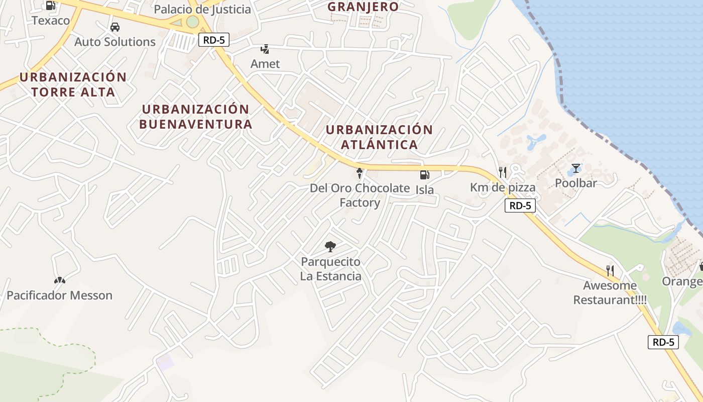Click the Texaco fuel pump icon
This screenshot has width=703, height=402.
click(50, 6)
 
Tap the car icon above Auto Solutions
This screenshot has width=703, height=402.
click(115, 27)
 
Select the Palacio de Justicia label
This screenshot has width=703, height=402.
click(202, 9)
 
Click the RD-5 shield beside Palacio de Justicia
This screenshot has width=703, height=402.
click(214, 40)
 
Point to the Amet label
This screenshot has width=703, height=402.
click(265, 64)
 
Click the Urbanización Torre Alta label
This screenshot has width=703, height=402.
click(73, 84)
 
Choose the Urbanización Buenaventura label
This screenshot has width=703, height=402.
click(195, 117)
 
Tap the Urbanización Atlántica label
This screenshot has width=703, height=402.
click(379, 137)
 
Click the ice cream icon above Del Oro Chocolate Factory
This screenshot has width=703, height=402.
click(360, 174)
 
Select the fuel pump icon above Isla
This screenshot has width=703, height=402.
click(424, 175)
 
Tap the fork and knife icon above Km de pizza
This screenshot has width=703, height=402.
click(503, 172)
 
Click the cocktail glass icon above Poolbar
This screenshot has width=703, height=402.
click(576, 168)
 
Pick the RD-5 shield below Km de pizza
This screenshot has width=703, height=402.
click(520, 205)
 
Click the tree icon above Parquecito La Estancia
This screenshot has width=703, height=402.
click(330, 247)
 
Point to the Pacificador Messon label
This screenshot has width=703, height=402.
click(59, 295)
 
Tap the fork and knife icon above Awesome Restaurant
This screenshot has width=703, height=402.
click(610, 271)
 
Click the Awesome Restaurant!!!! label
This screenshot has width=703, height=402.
click(610, 292)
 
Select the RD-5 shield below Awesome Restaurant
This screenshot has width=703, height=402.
click(663, 342)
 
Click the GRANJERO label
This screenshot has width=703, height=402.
click(363, 7)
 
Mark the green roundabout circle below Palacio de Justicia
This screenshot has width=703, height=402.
click(192, 22)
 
